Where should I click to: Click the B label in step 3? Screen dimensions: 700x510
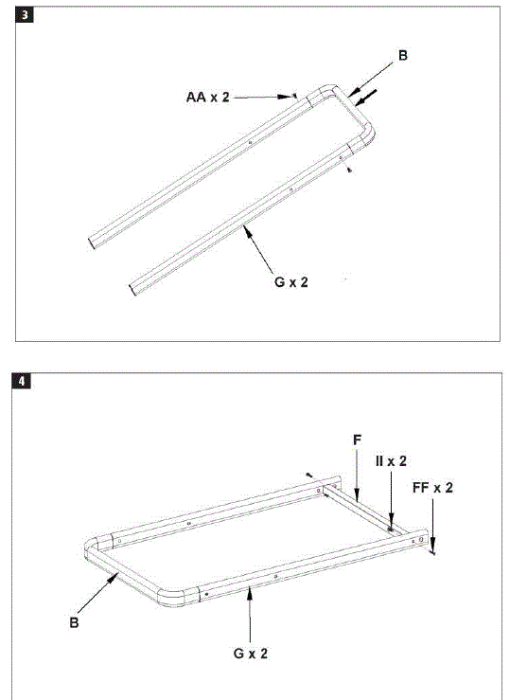pos(403,57)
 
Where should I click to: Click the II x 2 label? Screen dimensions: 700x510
pos(390,461)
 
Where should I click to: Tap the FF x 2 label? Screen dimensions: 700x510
pos(433,488)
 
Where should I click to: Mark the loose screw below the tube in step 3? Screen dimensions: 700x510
pos(350,171)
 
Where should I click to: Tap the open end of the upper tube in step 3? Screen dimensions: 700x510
pos(95,241)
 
